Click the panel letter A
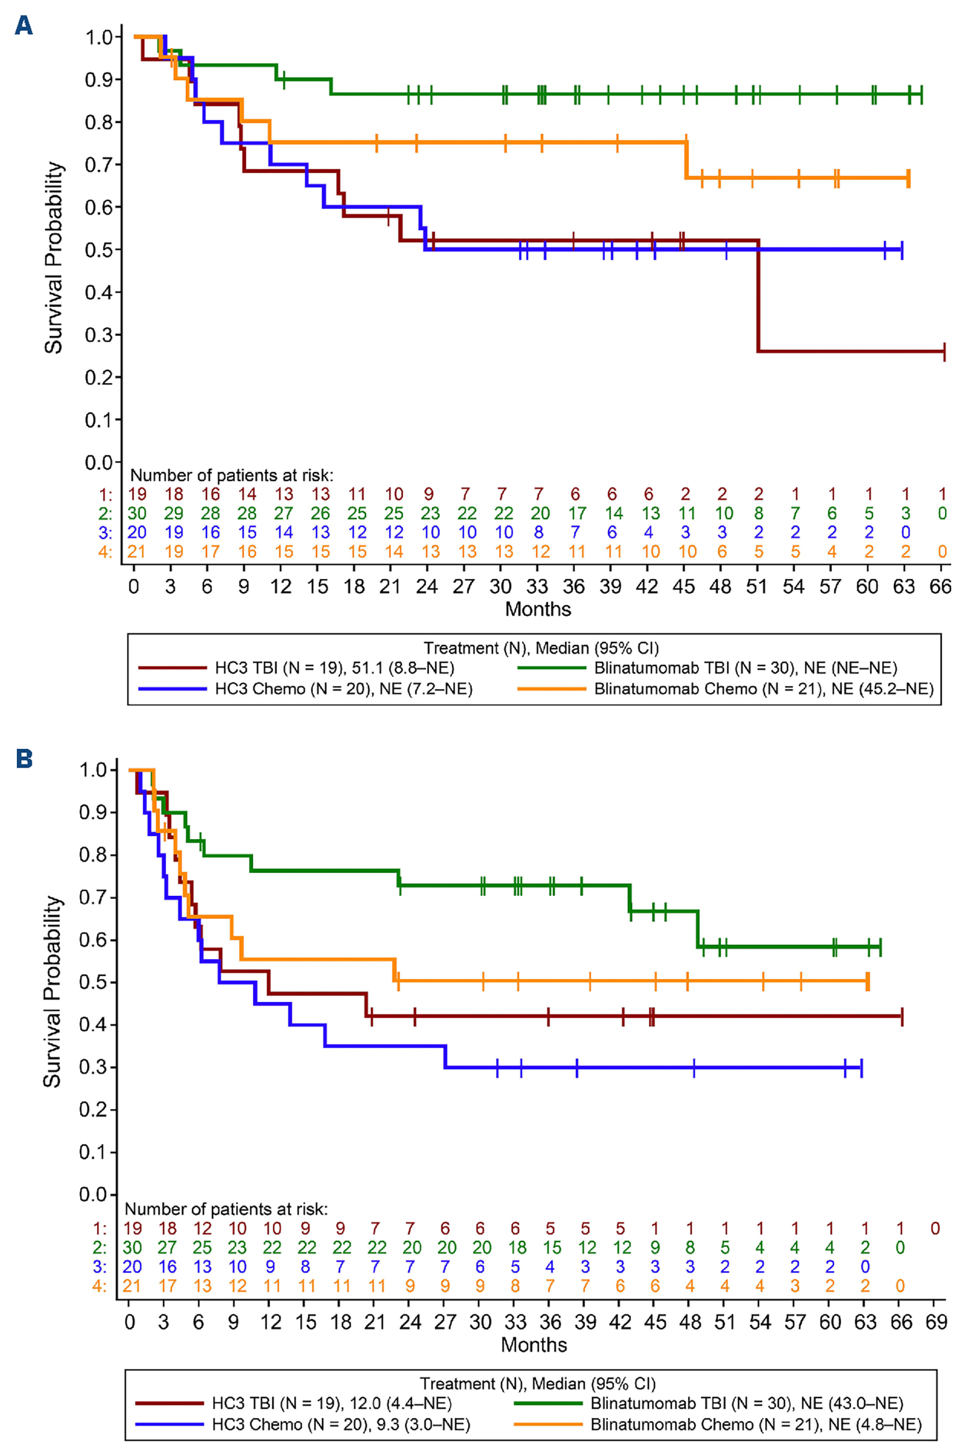[23, 25]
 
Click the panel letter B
[24, 759]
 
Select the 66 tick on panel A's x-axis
[941, 586]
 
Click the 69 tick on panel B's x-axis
[936, 1322]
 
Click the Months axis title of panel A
[538, 609]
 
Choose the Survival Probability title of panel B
[52, 991]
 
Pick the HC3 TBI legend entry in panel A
[334, 668]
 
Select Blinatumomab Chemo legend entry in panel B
[755, 1425]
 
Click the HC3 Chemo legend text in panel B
[341, 1425]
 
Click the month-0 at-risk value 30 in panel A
[136, 514]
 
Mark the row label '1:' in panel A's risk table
[106, 494]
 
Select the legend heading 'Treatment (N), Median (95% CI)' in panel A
[541, 648]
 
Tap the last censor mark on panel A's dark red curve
[944, 351]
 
